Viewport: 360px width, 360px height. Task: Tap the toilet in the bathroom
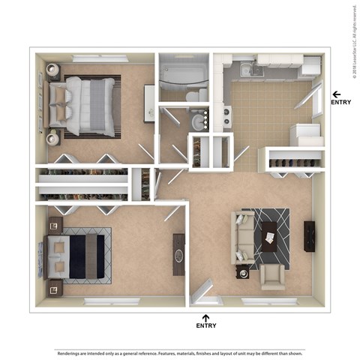coord(193,95)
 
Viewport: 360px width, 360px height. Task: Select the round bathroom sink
coord(197,122)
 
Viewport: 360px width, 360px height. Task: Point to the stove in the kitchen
coord(227,116)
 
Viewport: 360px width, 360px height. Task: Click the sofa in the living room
coord(241,236)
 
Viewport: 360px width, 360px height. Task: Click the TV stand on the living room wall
coord(309,236)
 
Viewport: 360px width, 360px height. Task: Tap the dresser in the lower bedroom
coord(179,254)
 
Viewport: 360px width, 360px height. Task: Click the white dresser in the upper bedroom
coord(149,102)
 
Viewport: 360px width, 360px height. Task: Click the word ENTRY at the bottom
coord(206,325)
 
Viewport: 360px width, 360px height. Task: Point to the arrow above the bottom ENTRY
coord(206,316)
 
